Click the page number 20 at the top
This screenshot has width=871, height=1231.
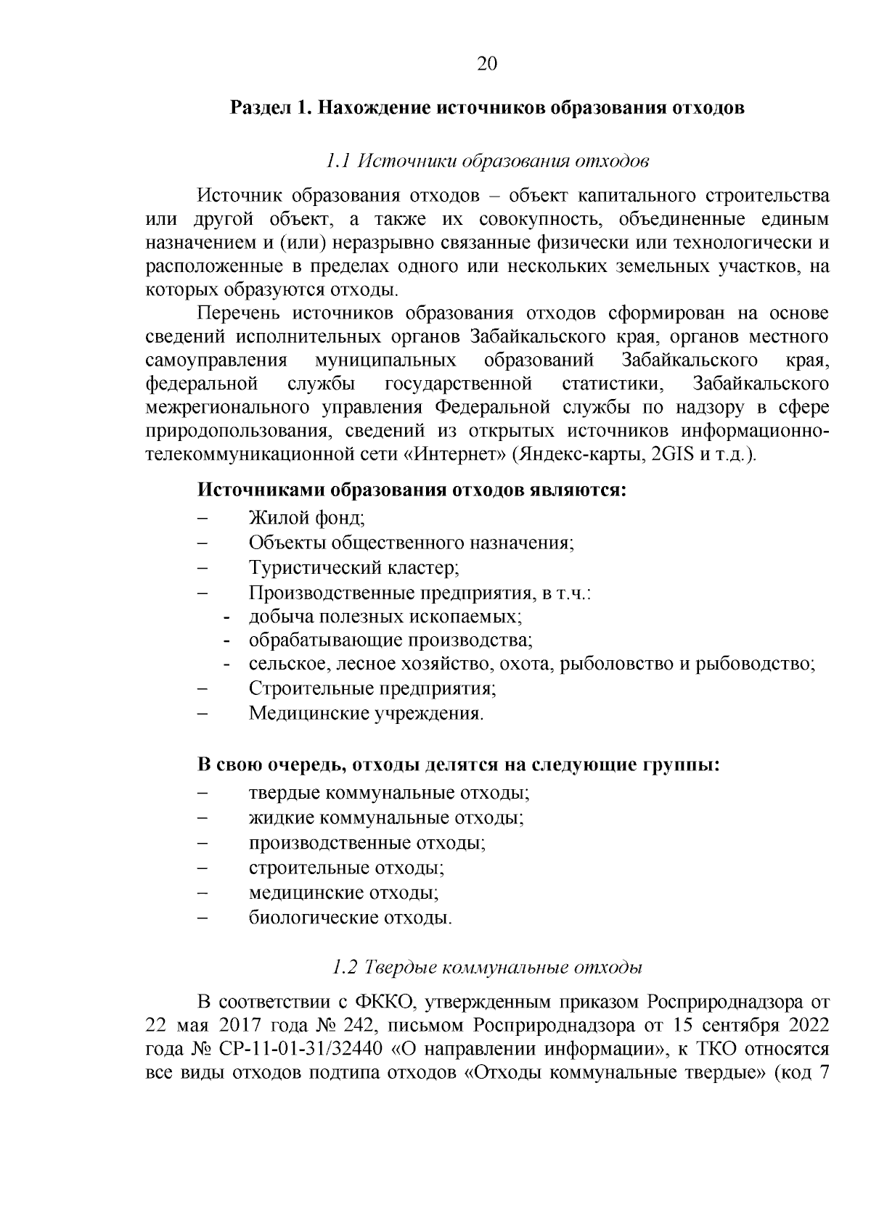487,65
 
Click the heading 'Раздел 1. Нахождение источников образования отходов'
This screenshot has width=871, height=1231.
487,109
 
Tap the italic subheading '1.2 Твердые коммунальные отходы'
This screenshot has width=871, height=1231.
487,968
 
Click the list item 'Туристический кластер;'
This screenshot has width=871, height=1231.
353,567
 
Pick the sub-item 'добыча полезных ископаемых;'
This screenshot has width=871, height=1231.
386,616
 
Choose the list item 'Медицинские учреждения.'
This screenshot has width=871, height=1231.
366,714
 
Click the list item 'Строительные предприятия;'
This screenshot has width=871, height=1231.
372,689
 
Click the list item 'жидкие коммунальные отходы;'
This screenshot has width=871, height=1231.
387,818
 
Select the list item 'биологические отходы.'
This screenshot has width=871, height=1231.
351,918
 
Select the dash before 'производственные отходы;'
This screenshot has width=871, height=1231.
203,844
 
